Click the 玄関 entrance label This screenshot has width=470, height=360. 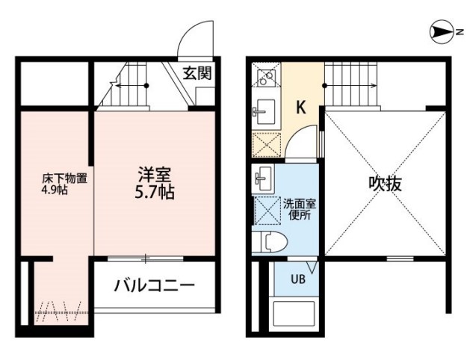pyautogui.click(x=197, y=73)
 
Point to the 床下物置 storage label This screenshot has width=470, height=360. pyautogui.click(x=65, y=179)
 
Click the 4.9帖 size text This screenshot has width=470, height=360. pyautogui.click(x=55, y=190)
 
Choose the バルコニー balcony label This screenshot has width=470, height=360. pyautogui.click(x=155, y=285)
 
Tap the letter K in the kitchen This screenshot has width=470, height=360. pyautogui.click(x=300, y=107)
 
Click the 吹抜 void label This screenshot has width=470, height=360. pyautogui.click(x=384, y=184)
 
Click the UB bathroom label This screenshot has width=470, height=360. pyautogui.click(x=297, y=280)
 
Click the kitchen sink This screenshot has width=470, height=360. pyautogui.click(x=265, y=112)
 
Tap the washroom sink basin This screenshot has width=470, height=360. pyautogui.click(x=264, y=179)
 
